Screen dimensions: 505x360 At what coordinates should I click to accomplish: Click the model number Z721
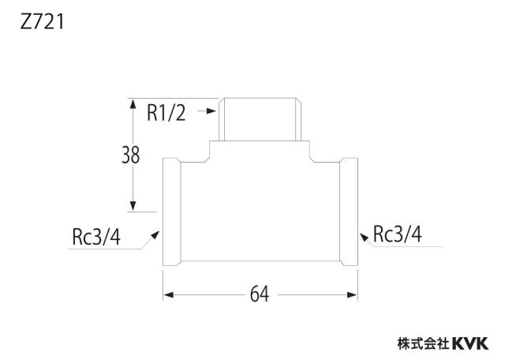(x=42, y=23)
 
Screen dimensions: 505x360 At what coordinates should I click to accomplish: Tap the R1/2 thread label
(x=166, y=113)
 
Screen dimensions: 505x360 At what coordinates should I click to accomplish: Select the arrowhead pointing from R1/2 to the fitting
(x=211, y=111)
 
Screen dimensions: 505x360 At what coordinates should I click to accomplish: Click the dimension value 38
(x=130, y=155)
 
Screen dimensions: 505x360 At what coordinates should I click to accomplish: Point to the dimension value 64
(x=260, y=294)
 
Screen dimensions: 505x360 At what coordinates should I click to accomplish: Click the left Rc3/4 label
(x=96, y=237)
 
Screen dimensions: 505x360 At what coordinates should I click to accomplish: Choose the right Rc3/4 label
(x=397, y=234)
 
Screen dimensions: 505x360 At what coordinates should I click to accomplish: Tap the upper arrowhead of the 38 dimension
(x=133, y=103)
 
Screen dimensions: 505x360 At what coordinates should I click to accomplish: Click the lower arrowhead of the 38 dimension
(x=133, y=206)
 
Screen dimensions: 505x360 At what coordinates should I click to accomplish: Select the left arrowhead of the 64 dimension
(x=169, y=295)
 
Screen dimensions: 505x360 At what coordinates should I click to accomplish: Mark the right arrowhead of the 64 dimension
(x=352, y=295)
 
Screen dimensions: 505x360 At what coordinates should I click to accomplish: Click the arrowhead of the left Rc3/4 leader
(x=155, y=235)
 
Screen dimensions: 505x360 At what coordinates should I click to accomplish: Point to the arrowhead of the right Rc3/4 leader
(x=364, y=237)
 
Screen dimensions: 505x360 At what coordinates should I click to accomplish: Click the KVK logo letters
(x=470, y=343)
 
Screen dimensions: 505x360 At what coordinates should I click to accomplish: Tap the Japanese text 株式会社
(x=423, y=343)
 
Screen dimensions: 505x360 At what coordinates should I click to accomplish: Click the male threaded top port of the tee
(x=260, y=119)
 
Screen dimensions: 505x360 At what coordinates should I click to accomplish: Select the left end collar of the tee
(x=172, y=212)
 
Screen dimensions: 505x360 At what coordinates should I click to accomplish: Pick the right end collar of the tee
(x=349, y=212)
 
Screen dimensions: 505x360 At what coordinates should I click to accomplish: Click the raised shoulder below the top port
(x=260, y=152)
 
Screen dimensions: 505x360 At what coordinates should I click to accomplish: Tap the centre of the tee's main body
(x=260, y=212)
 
